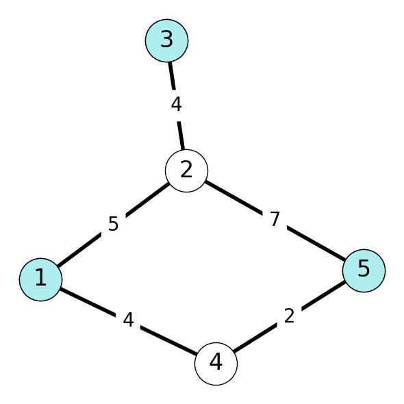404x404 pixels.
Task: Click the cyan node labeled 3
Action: pyautogui.click(x=166, y=40)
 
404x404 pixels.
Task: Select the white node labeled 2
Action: pyautogui.click(x=186, y=171)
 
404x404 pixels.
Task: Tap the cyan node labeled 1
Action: pyautogui.click(x=40, y=279)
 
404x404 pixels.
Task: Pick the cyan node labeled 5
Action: pyautogui.click(x=364, y=270)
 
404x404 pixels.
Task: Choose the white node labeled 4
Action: pyautogui.click(x=216, y=364)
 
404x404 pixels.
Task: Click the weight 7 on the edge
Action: pyautogui.click(x=275, y=219)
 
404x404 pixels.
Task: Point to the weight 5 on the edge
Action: pyautogui.click(x=114, y=224)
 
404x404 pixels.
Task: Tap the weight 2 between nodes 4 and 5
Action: pyautogui.click(x=290, y=316)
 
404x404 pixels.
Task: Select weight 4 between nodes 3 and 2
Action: pyautogui.click(x=177, y=105)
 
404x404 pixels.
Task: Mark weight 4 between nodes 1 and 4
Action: pyautogui.click(x=129, y=320)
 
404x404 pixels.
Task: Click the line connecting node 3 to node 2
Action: pyautogui.click(x=177, y=105)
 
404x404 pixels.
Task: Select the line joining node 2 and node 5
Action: pyautogui.click(x=275, y=220)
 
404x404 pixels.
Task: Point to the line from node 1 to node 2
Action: pyautogui.click(x=114, y=225)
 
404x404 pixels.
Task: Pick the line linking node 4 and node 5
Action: pyautogui.click(x=290, y=317)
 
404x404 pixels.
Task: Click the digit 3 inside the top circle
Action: pyautogui.click(x=166, y=39)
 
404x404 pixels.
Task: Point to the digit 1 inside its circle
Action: pyautogui.click(x=41, y=277)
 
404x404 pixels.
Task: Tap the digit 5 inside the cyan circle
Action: pyautogui.click(x=364, y=268)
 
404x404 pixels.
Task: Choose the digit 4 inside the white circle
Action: pyautogui.click(x=216, y=362)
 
